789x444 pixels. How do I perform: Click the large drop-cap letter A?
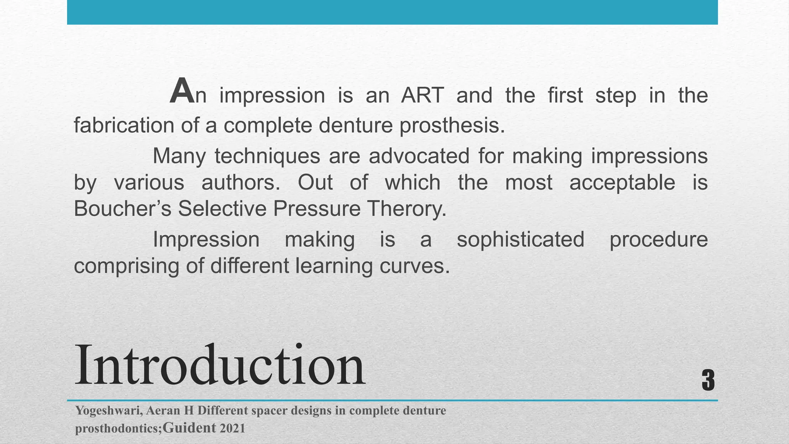182,92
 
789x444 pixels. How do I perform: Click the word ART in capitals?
422,95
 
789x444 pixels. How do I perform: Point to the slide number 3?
708,380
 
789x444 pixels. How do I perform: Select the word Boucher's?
122,209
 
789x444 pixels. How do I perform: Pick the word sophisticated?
520,239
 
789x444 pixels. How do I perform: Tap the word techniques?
267,156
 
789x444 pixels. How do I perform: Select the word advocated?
419,156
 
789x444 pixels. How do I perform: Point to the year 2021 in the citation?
232,429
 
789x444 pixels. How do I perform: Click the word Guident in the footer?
189,428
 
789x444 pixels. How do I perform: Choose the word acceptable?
622,182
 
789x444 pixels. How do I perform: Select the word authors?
240,182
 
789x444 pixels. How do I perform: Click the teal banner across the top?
392,12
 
